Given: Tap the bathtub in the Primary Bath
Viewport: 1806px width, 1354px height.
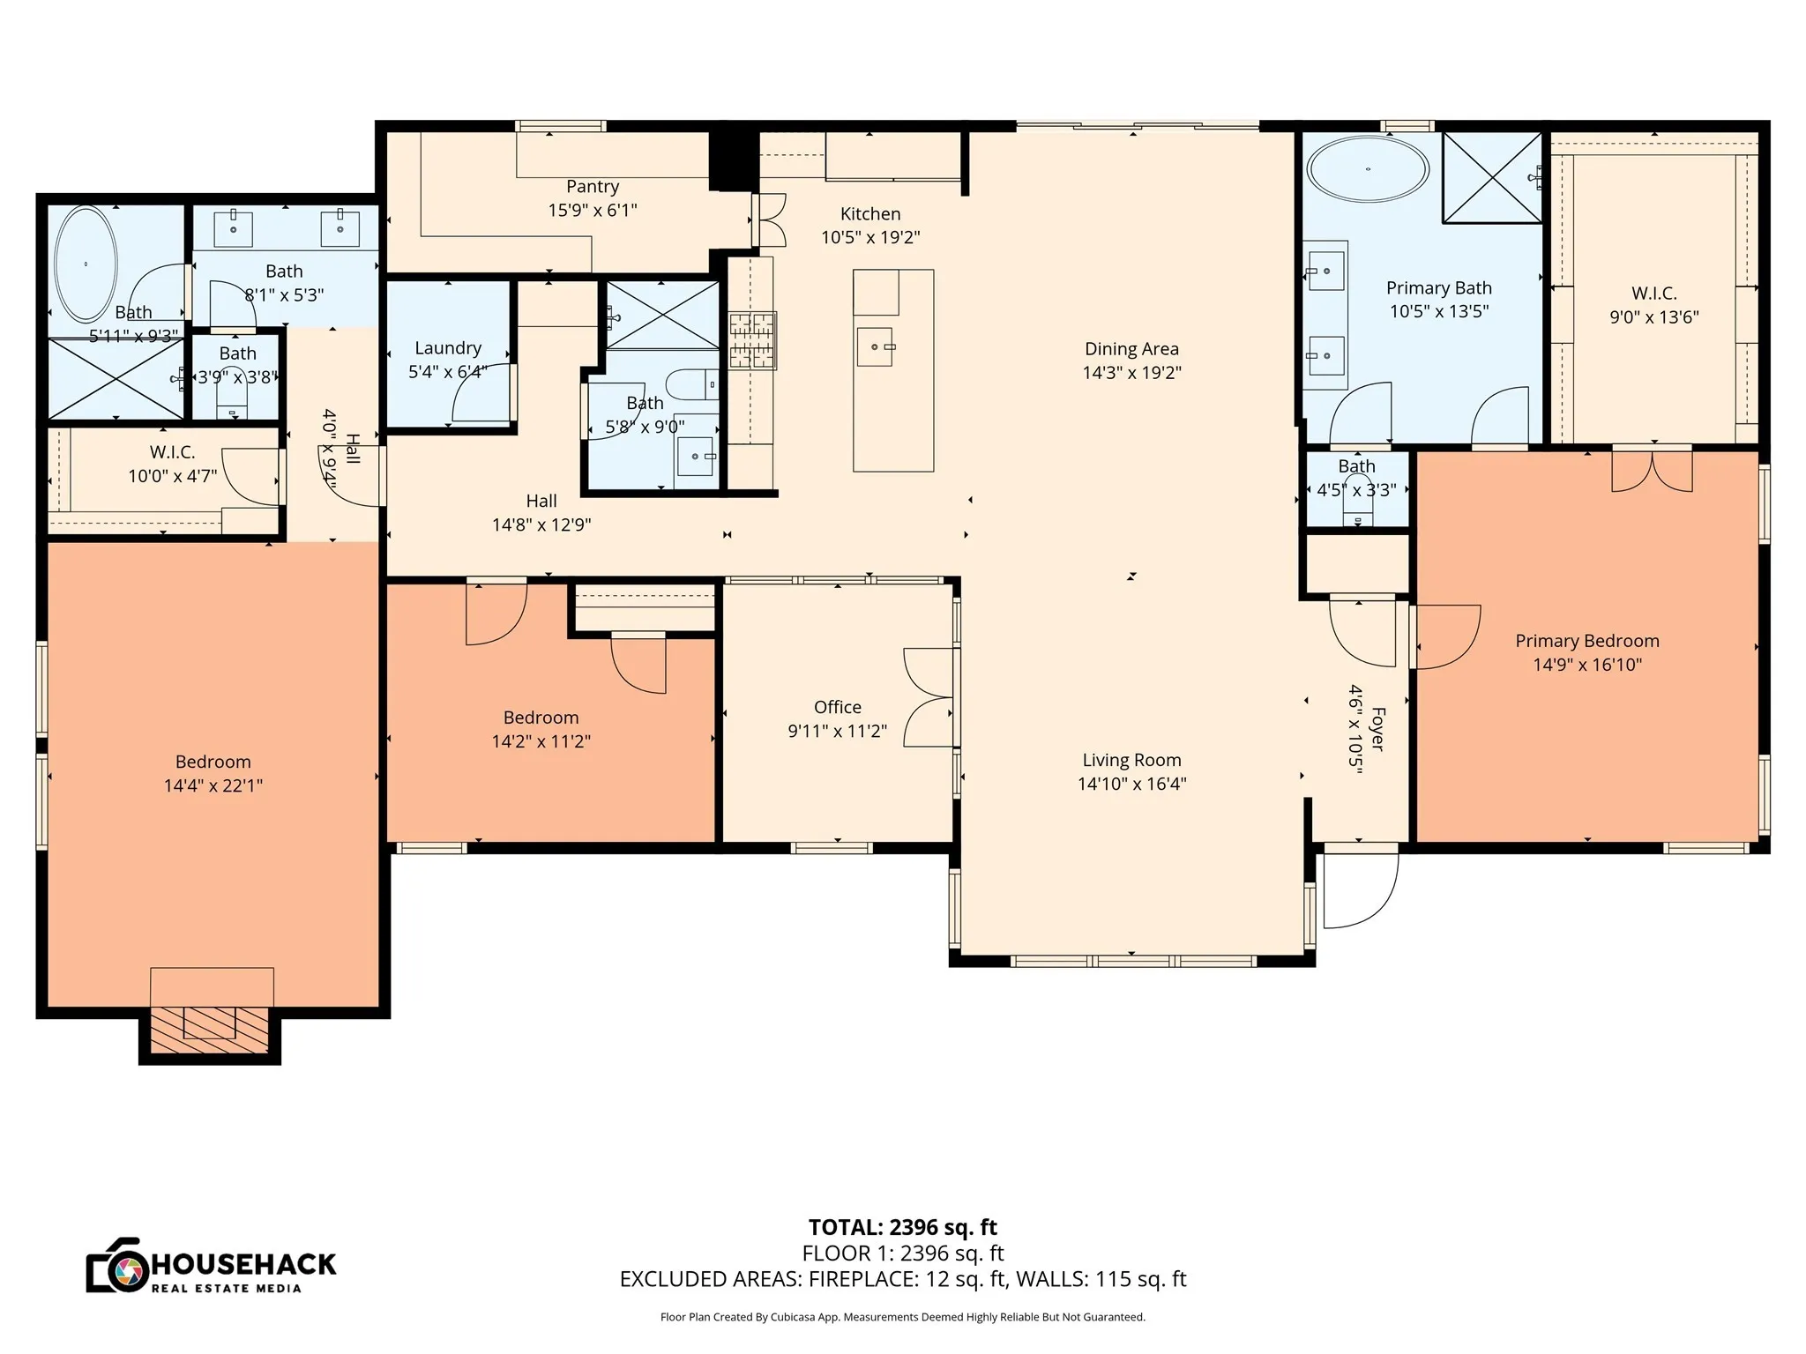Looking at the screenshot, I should tap(1367, 169).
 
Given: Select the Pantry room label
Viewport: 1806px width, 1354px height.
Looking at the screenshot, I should tap(593, 187).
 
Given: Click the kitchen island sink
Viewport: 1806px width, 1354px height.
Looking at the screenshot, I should tap(875, 346).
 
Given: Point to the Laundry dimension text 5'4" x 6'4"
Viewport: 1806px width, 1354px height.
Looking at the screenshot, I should tap(448, 372).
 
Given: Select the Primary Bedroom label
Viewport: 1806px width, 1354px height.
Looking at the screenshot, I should tap(1586, 641).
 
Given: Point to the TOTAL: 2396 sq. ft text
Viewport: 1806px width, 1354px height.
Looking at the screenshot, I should tap(902, 1227).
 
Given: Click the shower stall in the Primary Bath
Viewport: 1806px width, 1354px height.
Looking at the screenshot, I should tap(1491, 177).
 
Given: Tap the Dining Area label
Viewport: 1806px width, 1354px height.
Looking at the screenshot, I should tap(1131, 349).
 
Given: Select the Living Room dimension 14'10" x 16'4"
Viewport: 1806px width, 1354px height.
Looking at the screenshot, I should tap(1131, 784).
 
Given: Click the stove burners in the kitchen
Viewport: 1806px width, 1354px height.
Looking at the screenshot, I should tap(751, 339).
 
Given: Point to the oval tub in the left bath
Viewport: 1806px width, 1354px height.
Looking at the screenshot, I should tap(86, 264).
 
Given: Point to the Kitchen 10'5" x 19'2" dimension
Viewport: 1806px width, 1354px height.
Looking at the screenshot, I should tap(870, 237).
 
